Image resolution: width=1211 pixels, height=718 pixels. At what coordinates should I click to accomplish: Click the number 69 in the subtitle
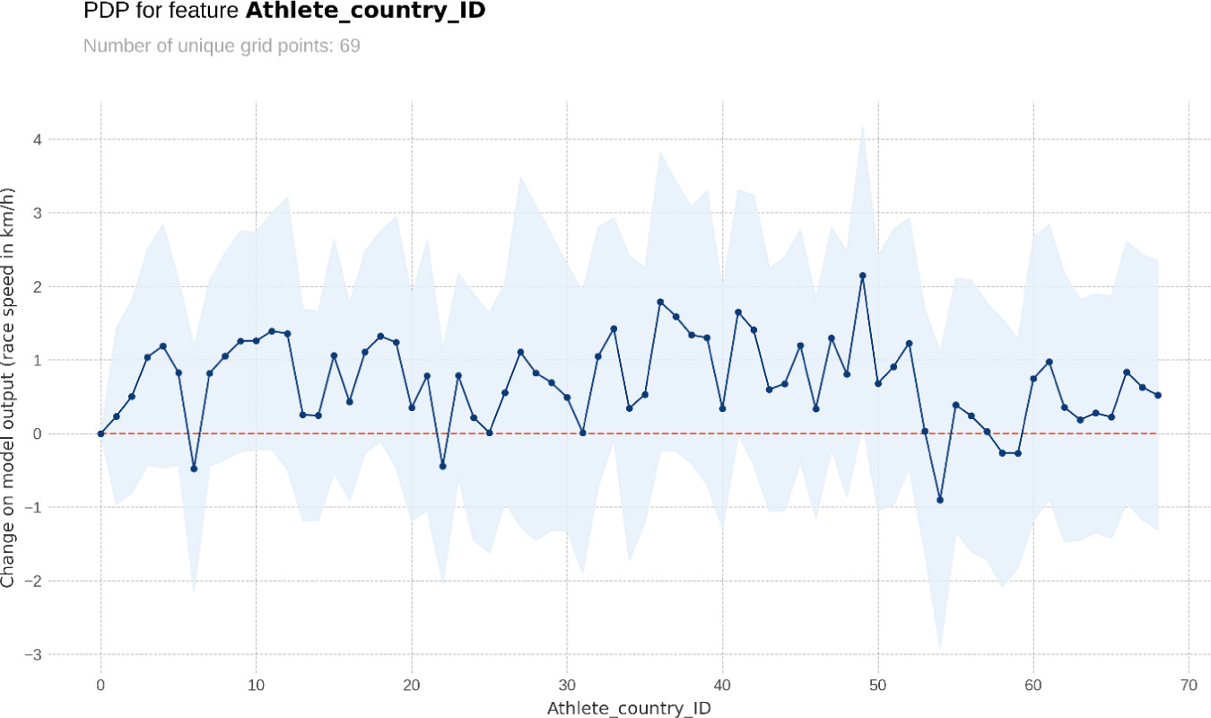350,45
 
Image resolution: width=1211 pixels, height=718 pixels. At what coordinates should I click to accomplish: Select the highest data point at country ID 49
862,276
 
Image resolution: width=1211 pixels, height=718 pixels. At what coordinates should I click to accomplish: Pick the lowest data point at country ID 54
940,500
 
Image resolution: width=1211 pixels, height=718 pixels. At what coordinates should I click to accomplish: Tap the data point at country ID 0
100,433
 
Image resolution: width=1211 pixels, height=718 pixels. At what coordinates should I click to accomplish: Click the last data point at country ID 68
1158,395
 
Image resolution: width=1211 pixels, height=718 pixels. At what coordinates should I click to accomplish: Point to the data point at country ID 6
194,468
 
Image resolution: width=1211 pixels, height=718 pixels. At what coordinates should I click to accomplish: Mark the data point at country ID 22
442,466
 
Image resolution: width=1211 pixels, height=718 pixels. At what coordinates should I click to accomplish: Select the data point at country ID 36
660,302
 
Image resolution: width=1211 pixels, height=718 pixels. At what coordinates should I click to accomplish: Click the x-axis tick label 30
567,684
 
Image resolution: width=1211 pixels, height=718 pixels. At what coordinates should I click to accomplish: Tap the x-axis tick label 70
1189,684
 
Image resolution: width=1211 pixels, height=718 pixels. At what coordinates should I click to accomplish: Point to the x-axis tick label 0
100,684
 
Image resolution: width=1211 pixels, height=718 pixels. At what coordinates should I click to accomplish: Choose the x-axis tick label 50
877,684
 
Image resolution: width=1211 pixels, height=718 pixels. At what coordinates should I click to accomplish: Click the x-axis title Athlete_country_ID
630,707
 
